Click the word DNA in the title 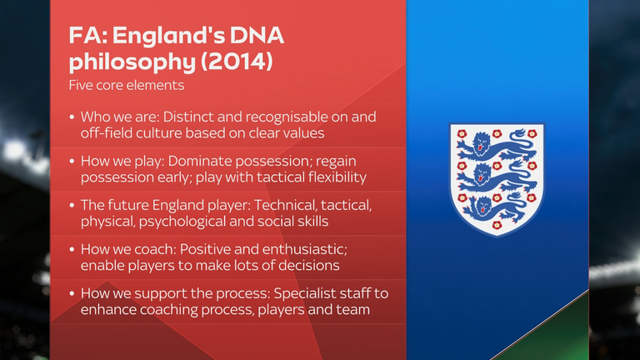(x=257, y=36)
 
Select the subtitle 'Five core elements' (x=127, y=85)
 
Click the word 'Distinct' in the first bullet (x=188, y=117)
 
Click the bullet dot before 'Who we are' (x=72, y=117)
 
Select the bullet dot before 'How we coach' (x=72, y=249)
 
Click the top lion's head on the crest (x=482, y=142)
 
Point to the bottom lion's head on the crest (x=482, y=207)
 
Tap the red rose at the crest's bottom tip (x=497, y=225)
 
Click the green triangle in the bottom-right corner (x=555, y=332)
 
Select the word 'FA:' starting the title (x=88, y=36)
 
